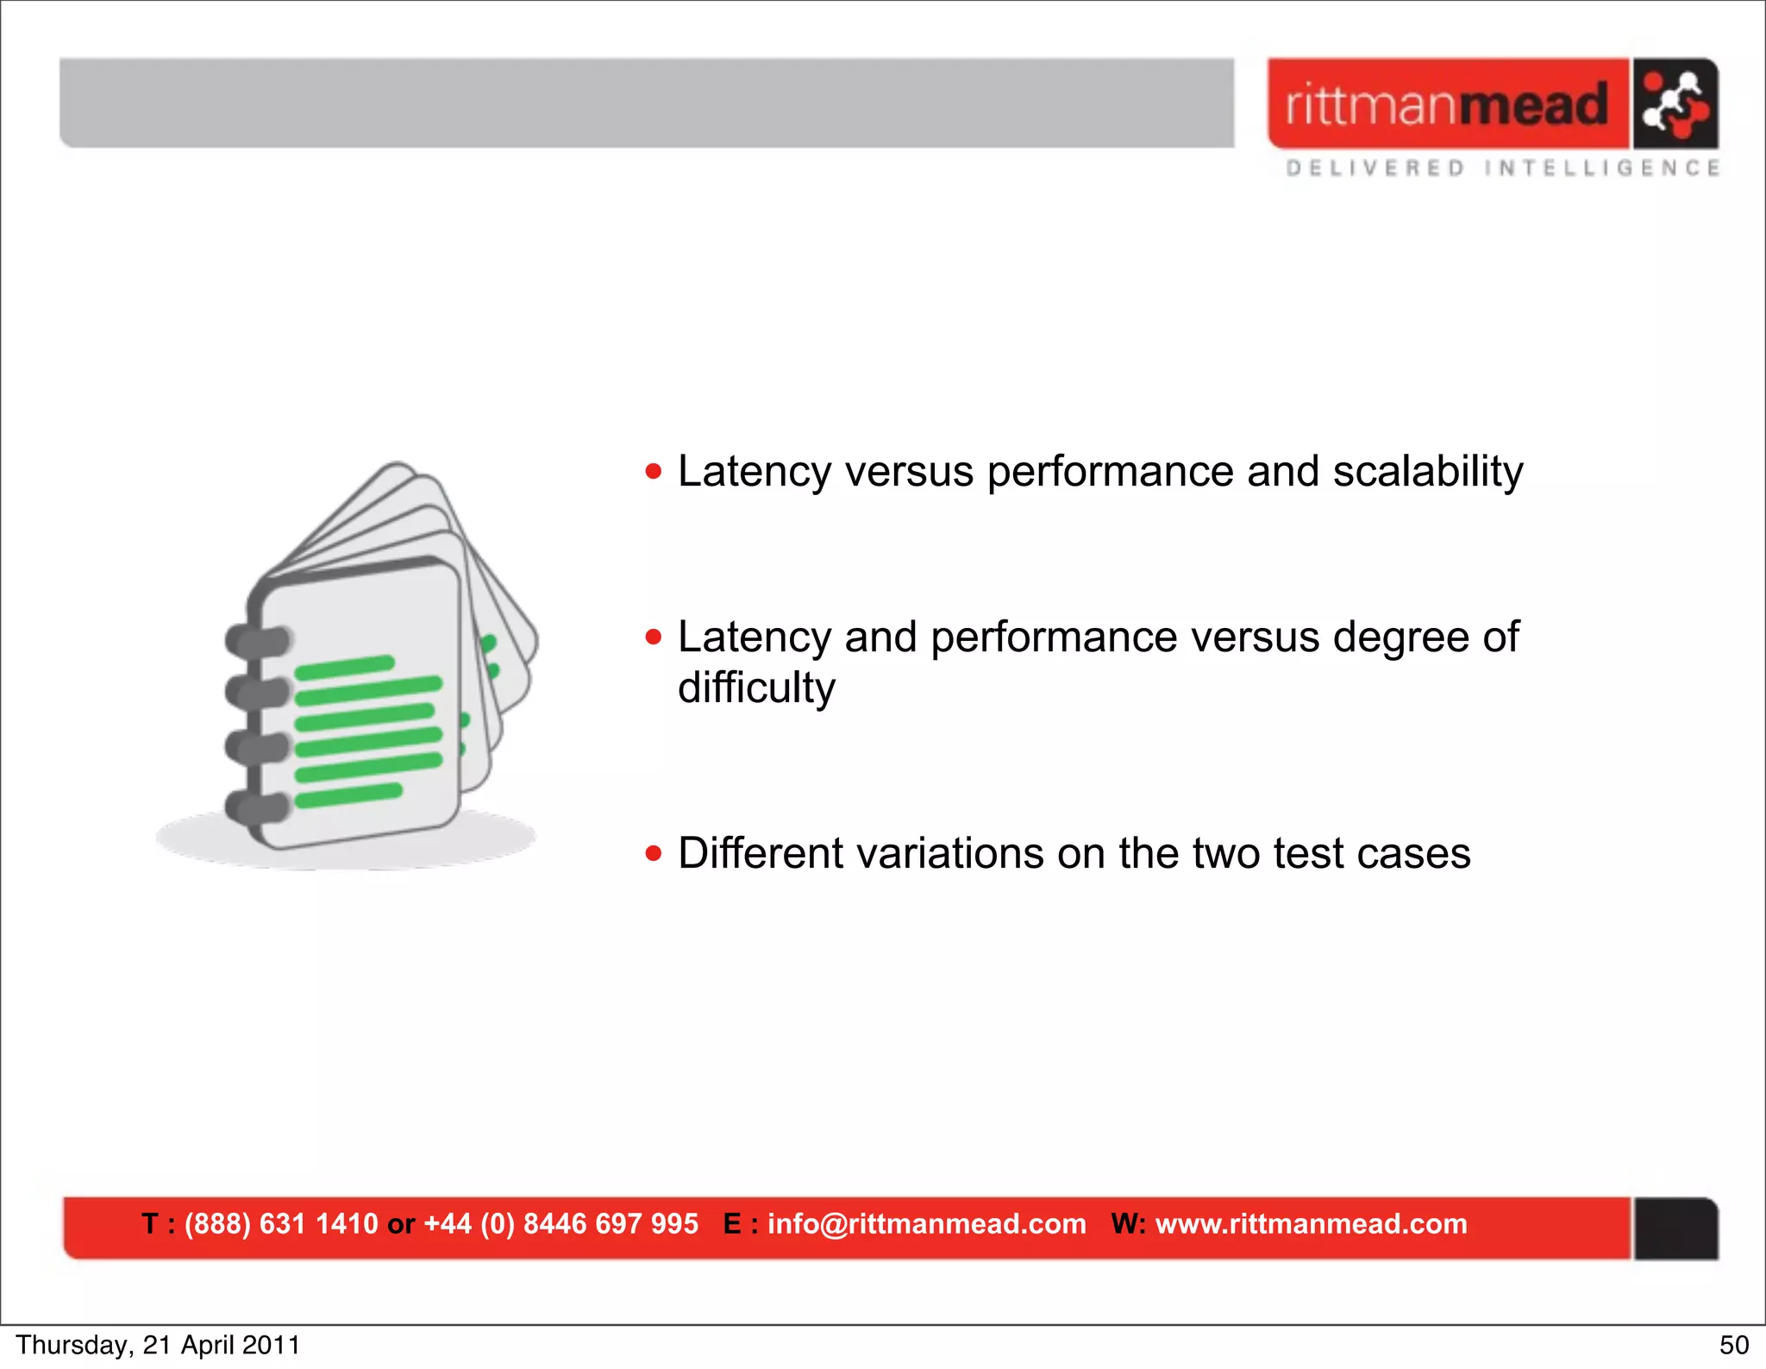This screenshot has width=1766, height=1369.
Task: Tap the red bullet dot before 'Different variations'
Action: pos(654,854)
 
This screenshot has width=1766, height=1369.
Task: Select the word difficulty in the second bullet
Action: pos(756,688)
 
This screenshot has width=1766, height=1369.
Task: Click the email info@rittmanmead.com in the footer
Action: pos(926,1224)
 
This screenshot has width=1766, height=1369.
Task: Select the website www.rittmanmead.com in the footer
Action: pos(1311,1224)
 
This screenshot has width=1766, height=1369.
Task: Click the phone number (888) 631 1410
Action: pos(281,1224)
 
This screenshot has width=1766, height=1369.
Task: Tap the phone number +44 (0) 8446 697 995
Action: pos(560,1224)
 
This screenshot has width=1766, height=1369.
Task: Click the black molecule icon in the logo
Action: pos(1675,104)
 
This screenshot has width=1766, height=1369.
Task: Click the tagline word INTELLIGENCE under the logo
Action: pos(1602,168)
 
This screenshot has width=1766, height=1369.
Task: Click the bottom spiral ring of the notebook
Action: pos(257,807)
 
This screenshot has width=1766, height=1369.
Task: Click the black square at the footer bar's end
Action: pos(1675,1228)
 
